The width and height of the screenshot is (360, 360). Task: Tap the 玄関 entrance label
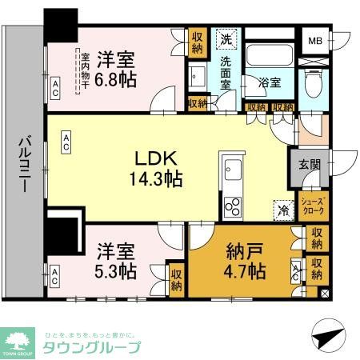pos(309,165)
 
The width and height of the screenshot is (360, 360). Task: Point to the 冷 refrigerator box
pos(282,210)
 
